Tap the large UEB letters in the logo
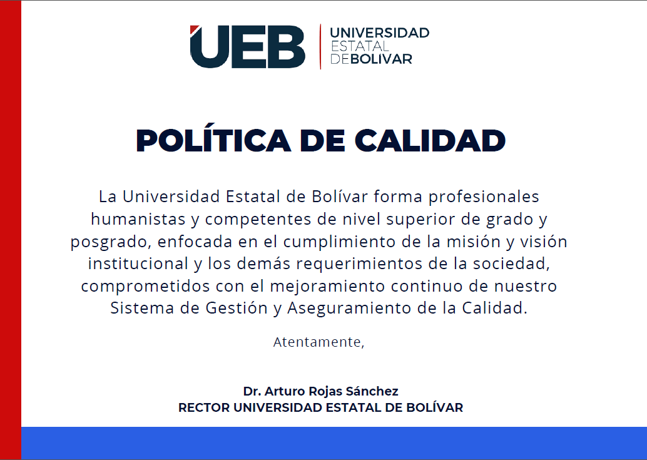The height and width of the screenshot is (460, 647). coord(247,46)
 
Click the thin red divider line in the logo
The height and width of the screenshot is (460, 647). coord(320,46)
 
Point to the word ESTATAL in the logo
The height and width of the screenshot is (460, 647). coord(360,46)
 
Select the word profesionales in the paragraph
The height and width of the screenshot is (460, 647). coord(484,197)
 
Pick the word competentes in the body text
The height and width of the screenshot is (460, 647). coord(258,220)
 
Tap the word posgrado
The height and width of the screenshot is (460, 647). coord(109,242)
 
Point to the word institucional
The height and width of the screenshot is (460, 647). coord(138,263)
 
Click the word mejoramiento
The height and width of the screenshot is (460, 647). coord(327,286)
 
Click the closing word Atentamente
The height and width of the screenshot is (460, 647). coord(318,342)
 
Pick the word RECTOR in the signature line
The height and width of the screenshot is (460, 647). coord(204,407)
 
